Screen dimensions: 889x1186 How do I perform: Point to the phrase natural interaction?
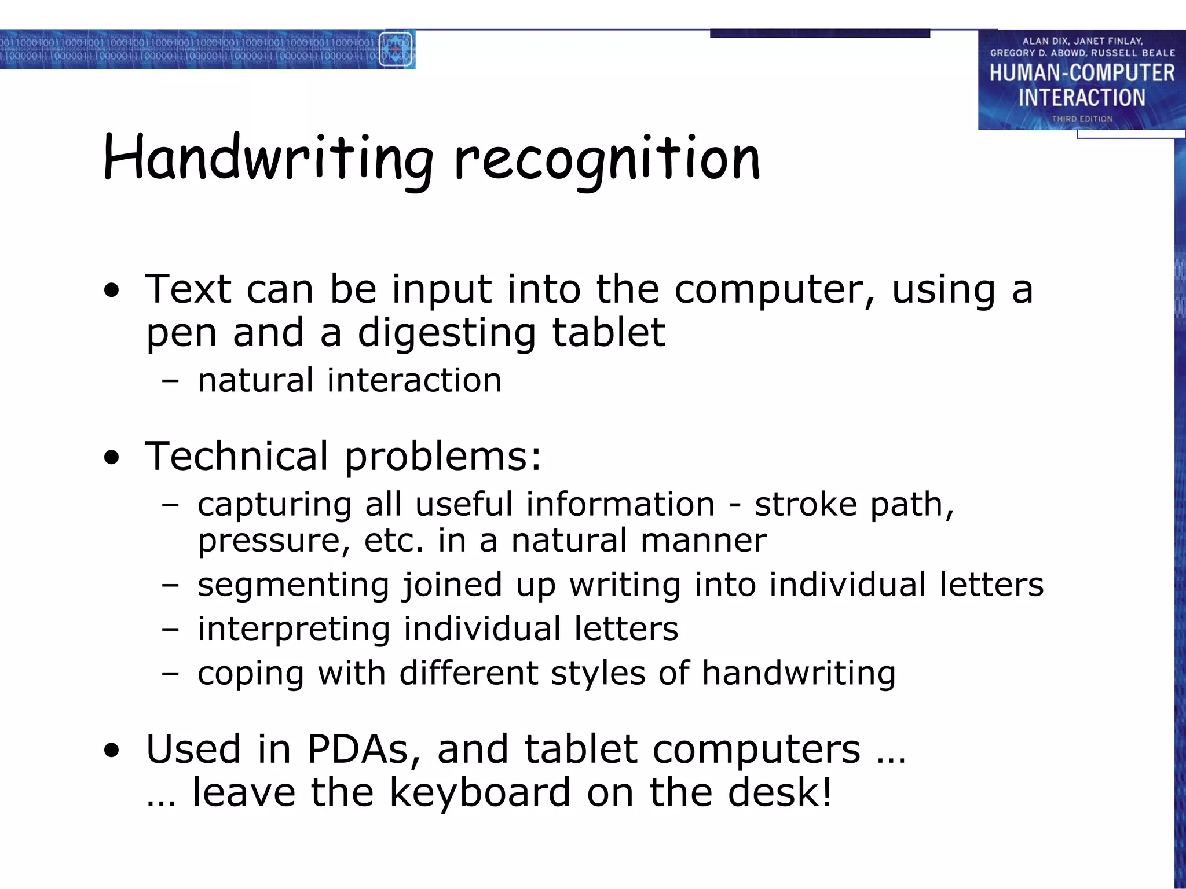coord(349,381)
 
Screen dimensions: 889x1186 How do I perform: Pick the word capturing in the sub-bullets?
coord(274,505)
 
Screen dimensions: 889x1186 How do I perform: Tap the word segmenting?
coord(292,585)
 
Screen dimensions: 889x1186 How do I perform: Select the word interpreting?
coord(294,629)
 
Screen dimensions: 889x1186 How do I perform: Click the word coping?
coord(250,674)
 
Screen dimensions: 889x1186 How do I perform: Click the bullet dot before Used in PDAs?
coord(112,751)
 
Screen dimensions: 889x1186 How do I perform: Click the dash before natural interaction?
coord(170,381)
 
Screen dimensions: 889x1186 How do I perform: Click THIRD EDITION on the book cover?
coord(1082,119)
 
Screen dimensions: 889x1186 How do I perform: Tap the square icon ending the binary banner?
coord(396,49)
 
